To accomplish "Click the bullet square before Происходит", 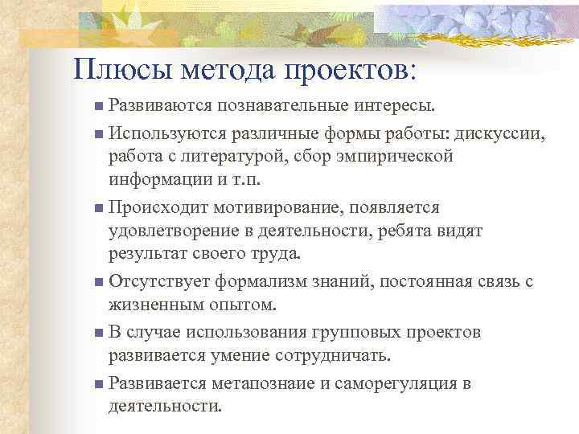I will click(98, 208).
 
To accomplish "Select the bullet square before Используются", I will click(98, 133).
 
